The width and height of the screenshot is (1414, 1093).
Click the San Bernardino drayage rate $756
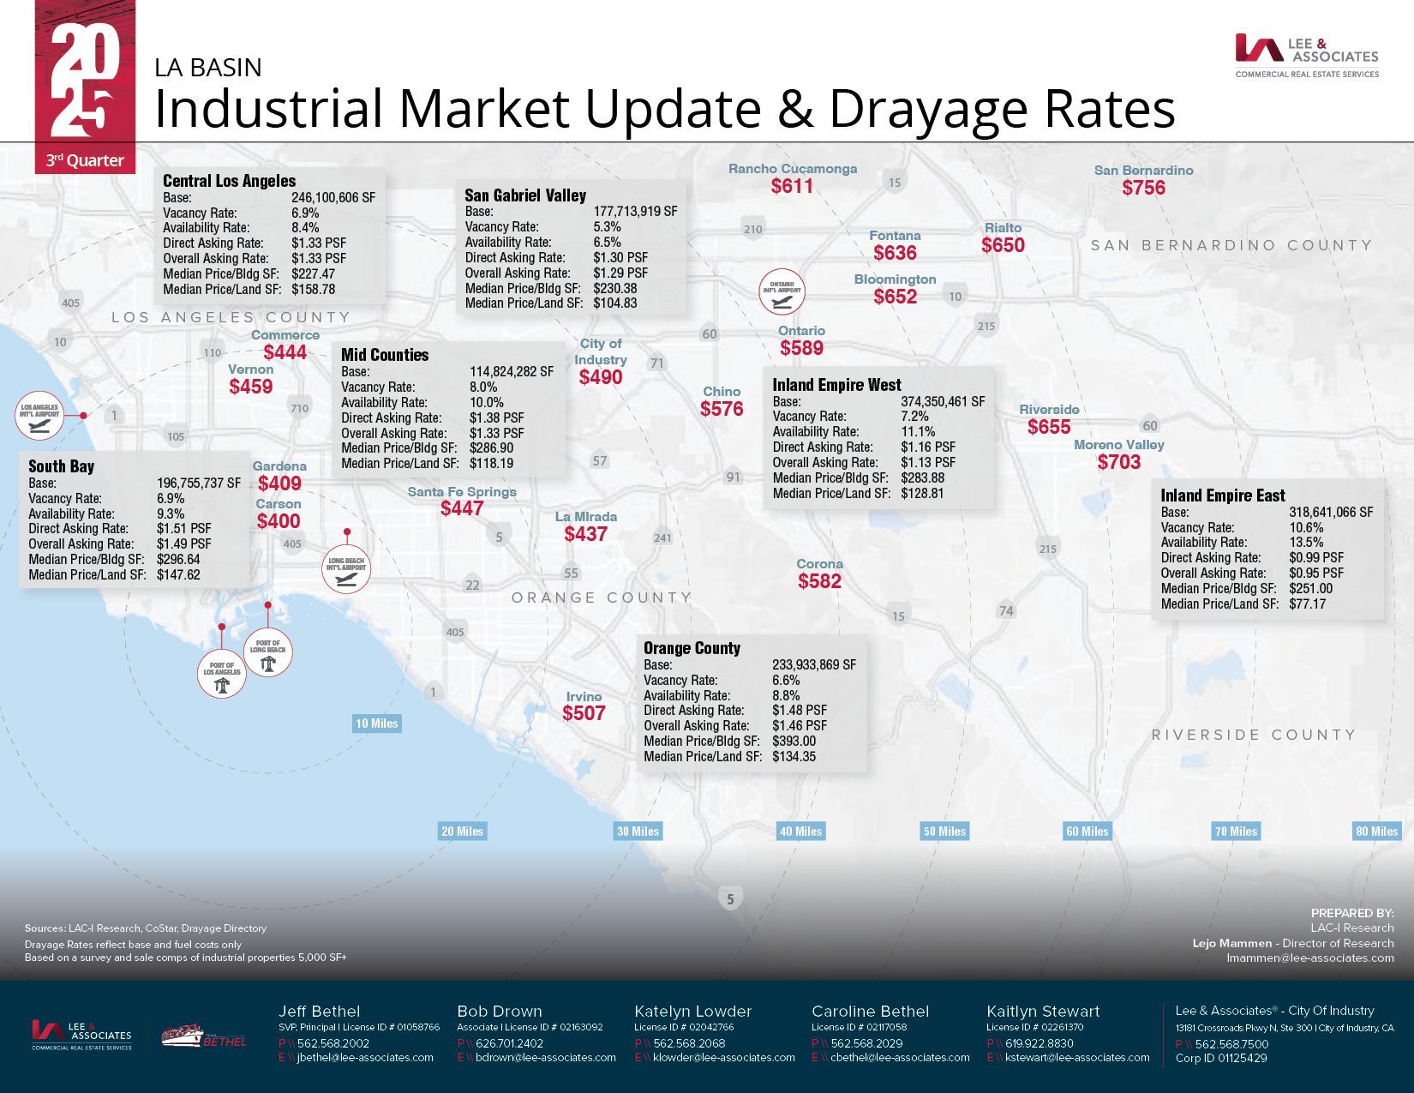click(1143, 188)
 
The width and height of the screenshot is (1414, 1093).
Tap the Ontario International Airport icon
click(782, 292)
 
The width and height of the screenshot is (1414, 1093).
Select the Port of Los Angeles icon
click(222, 675)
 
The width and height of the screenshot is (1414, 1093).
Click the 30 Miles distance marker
click(638, 831)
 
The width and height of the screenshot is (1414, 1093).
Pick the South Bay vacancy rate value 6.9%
click(171, 498)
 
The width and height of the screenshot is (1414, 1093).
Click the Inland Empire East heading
click(1223, 495)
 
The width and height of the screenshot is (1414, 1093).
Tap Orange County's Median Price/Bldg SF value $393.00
click(794, 741)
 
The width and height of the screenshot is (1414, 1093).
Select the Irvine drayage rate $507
click(584, 713)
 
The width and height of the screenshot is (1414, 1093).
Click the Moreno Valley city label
click(1118, 445)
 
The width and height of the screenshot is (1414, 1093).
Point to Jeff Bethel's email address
click(364, 1057)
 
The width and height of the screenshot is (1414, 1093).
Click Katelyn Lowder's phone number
click(689, 1043)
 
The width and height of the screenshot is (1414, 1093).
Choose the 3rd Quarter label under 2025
click(85, 160)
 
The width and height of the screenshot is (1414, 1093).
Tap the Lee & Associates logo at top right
click(1306, 56)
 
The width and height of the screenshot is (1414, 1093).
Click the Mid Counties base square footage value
click(512, 372)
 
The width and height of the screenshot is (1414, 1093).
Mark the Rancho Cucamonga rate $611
click(792, 186)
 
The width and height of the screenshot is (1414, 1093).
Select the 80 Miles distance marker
click(1376, 831)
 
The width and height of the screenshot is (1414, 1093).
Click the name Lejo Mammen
click(1232, 943)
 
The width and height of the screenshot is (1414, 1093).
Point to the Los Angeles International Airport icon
click(39, 416)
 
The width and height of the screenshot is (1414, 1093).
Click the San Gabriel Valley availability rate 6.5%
click(608, 243)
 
